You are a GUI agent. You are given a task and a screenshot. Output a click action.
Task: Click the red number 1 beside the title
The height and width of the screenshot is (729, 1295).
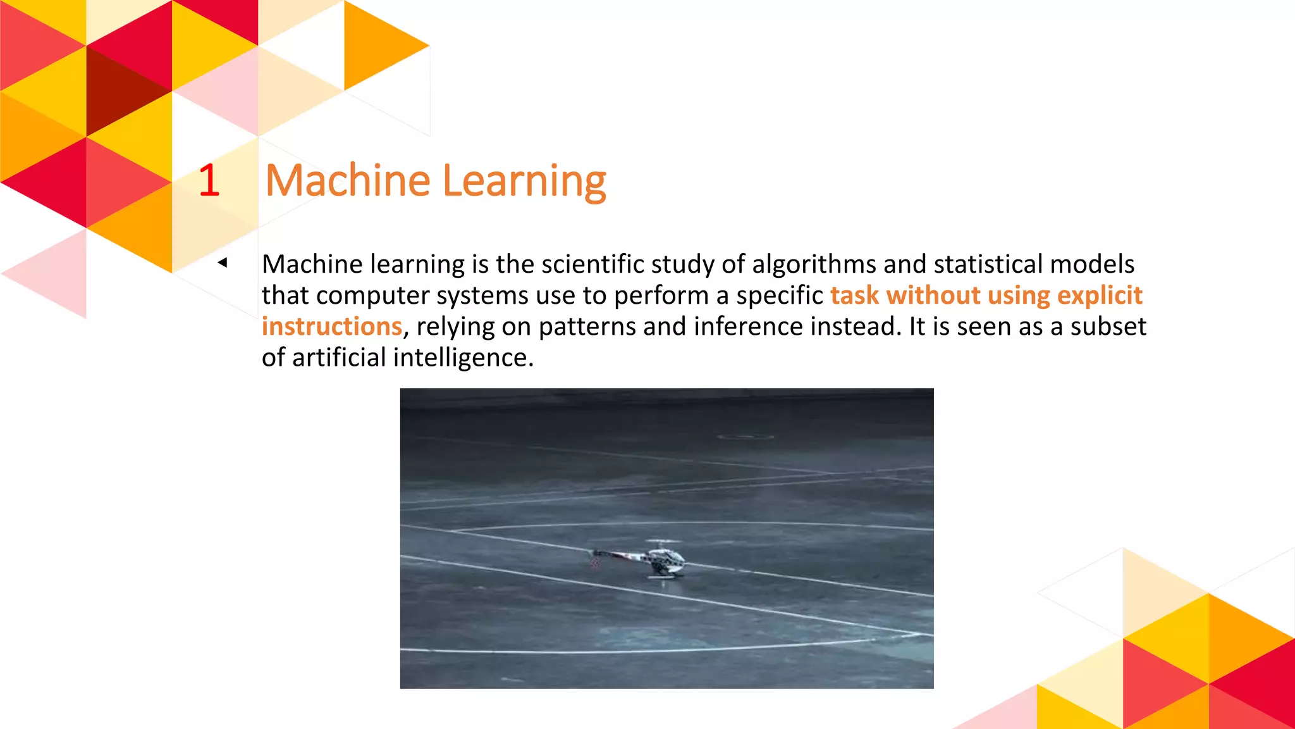click(x=209, y=180)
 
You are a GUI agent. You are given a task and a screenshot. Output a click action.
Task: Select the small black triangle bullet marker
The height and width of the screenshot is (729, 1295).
click(x=223, y=262)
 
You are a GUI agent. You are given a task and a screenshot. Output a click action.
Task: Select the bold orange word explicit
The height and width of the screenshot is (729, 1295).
click(x=1100, y=296)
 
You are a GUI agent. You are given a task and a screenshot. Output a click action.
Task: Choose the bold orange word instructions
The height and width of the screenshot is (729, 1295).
click(x=332, y=327)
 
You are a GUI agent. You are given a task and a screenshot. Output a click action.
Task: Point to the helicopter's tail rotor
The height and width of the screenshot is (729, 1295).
click(x=594, y=559)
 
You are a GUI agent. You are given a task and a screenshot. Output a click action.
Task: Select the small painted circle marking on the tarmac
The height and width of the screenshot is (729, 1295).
click(x=746, y=437)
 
